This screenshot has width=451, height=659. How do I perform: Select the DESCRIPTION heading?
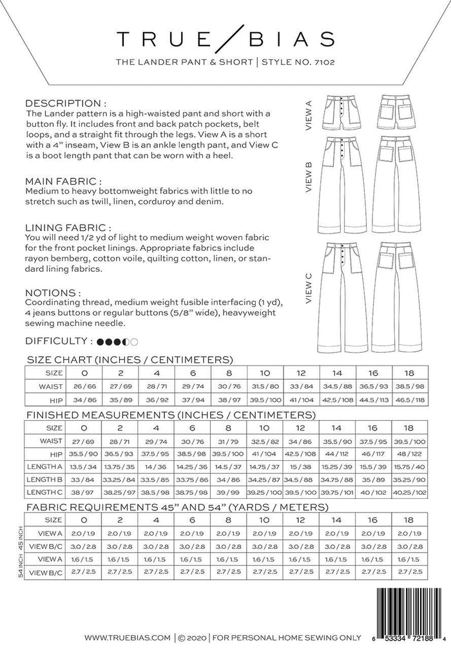[65, 103]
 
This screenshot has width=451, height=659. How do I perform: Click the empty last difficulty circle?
[134, 341]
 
